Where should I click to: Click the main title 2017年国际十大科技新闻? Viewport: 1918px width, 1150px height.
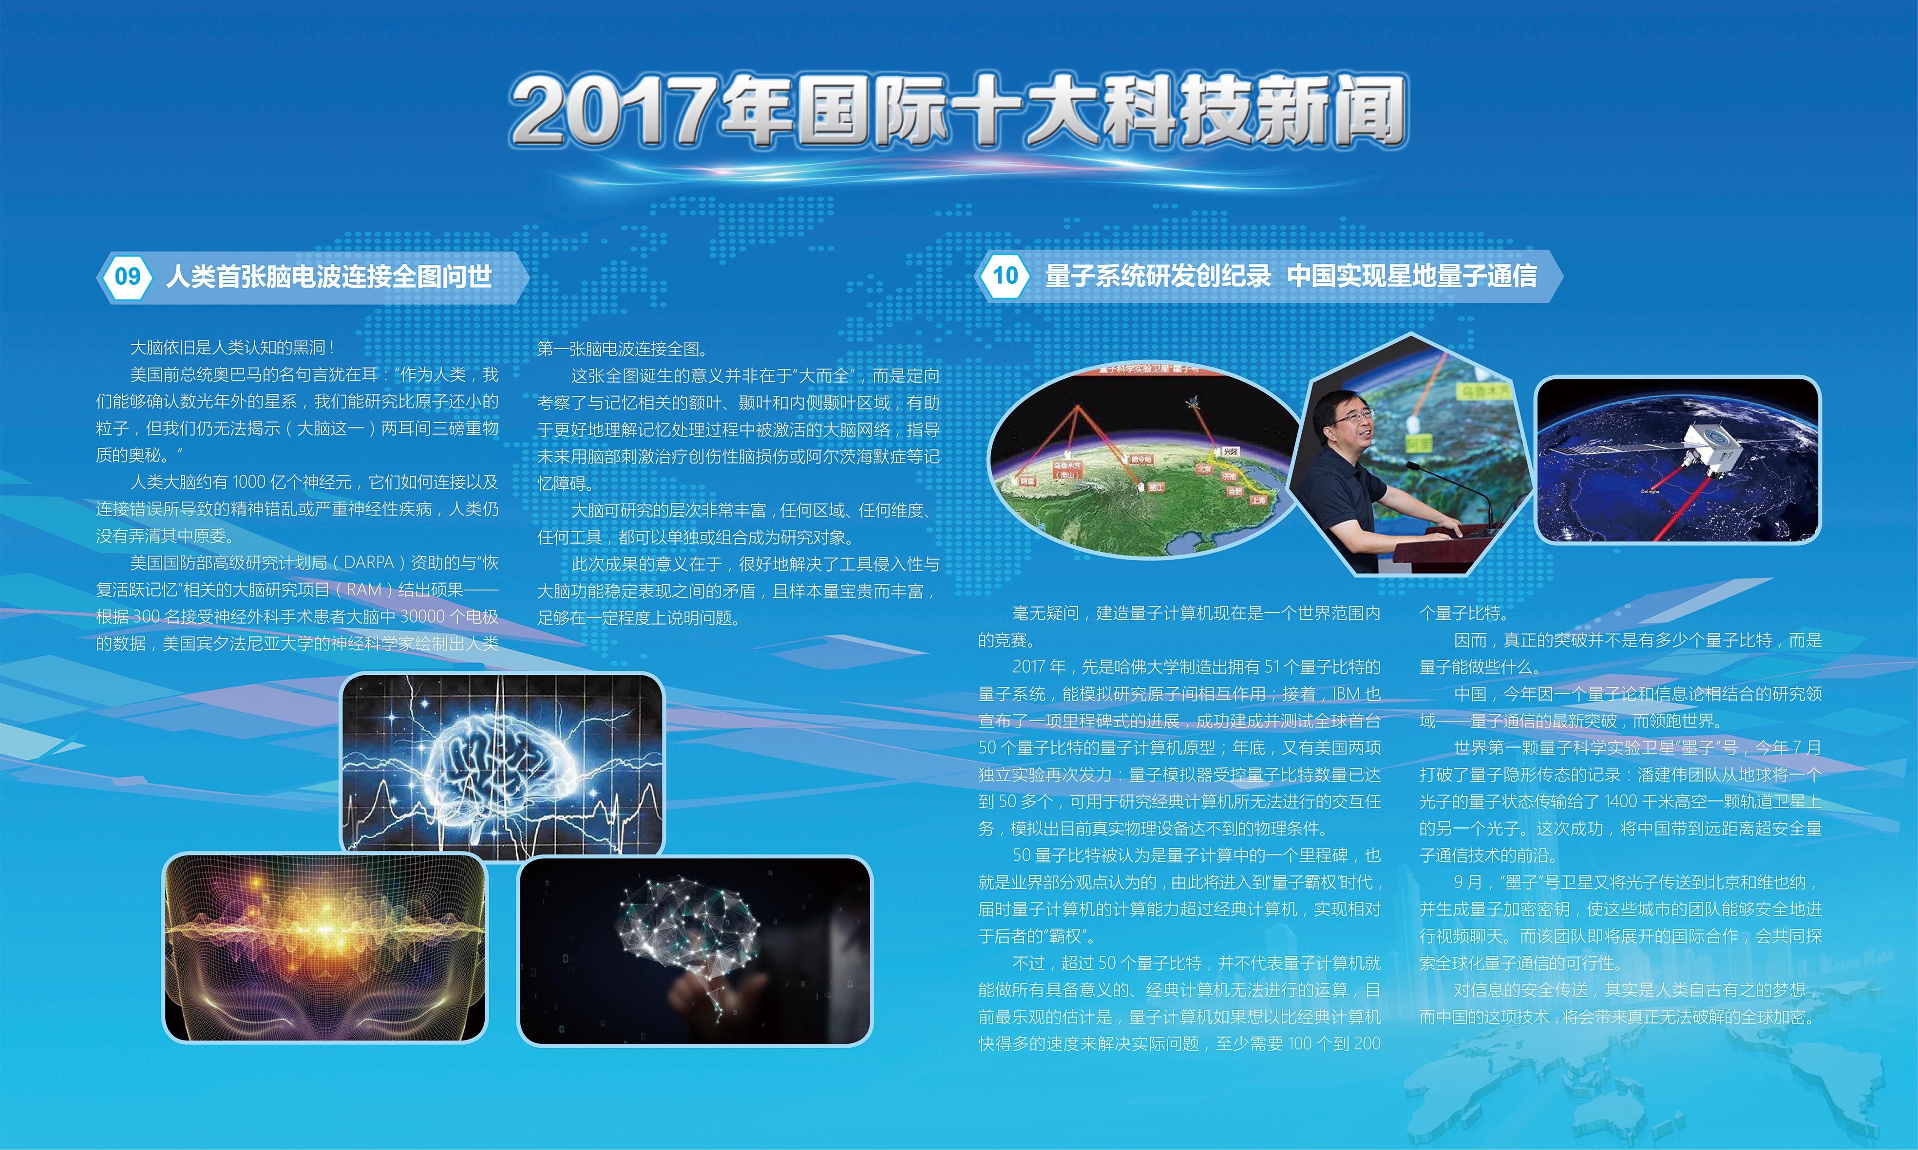click(957, 110)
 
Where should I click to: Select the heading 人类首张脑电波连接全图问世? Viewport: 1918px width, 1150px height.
click(329, 277)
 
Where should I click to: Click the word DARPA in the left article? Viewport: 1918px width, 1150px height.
click(368, 563)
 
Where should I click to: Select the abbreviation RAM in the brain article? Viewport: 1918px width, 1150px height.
click(363, 590)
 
